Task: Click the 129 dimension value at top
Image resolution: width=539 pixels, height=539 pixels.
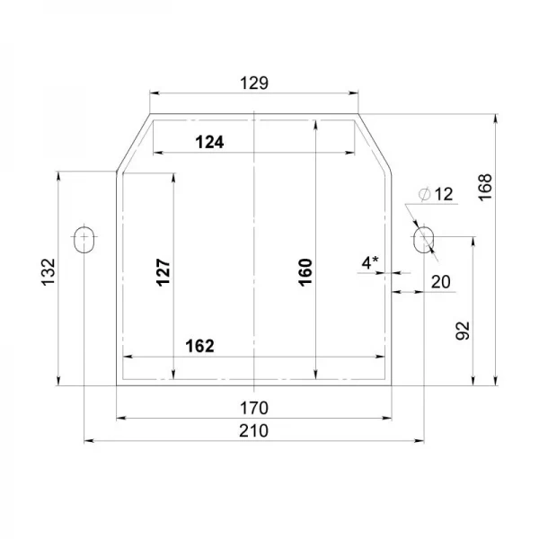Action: click(x=254, y=84)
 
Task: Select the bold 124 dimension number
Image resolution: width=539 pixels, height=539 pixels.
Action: click(x=209, y=142)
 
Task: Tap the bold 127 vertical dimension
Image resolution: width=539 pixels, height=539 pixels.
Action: click(x=163, y=272)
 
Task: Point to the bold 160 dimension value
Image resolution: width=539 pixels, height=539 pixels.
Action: click(x=305, y=272)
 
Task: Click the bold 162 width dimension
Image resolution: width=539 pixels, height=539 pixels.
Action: click(x=199, y=346)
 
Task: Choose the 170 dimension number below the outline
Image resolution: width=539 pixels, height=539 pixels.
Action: click(x=254, y=408)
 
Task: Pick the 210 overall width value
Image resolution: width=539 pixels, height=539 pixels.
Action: click(x=253, y=430)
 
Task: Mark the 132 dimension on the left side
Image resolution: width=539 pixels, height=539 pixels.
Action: click(x=49, y=272)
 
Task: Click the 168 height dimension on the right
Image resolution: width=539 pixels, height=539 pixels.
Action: click(x=485, y=188)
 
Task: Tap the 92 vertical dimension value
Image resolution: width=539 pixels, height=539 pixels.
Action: click(x=463, y=331)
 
